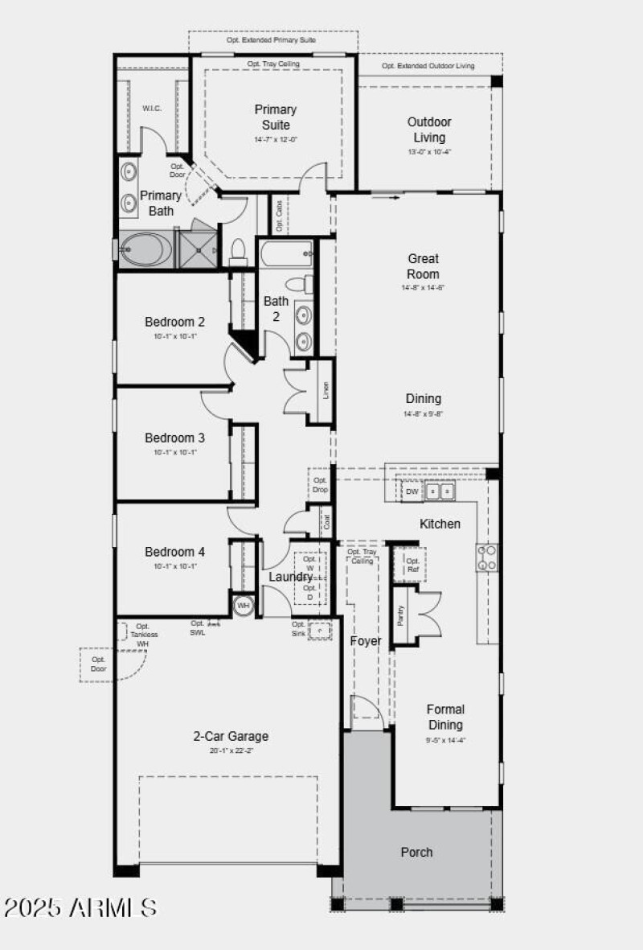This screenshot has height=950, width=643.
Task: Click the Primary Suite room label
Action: pyautogui.click(x=276, y=117)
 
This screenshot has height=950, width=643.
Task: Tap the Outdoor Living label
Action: pyautogui.click(x=428, y=130)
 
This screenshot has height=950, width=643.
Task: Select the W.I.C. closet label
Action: pyautogui.click(x=153, y=108)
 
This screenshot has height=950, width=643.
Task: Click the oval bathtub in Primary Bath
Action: pyautogui.click(x=145, y=249)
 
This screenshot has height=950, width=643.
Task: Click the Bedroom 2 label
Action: pyautogui.click(x=174, y=322)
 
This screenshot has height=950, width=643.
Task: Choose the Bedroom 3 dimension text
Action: pyautogui.click(x=174, y=452)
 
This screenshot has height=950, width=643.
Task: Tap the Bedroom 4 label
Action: pyautogui.click(x=174, y=552)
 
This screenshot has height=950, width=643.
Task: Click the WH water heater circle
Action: pyautogui.click(x=243, y=604)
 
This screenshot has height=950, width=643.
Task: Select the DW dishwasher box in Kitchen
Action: pyautogui.click(x=412, y=491)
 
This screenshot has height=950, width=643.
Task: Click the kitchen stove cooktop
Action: pyautogui.click(x=487, y=557)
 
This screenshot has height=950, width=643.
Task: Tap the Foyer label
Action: pyautogui.click(x=366, y=641)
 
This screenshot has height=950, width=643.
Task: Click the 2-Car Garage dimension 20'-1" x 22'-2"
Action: pyautogui.click(x=231, y=751)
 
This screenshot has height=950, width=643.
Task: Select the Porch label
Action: pyautogui.click(x=416, y=852)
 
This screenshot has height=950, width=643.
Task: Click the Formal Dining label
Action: pyautogui.click(x=445, y=717)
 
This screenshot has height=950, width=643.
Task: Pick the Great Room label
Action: pyautogui.click(x=424, y=266)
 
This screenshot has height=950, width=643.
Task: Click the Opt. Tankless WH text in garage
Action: pyautogui.click(x=142, y=635)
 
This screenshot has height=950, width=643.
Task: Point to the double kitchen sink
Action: pyautogui.click(x=440, y=491)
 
